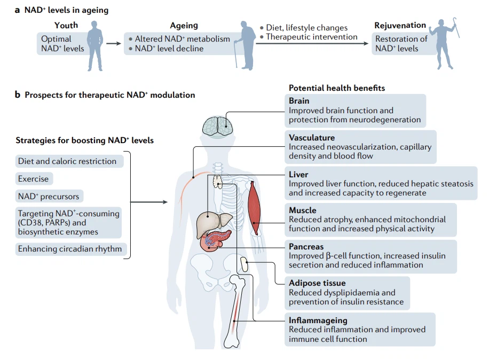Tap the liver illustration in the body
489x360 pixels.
coord(211,224)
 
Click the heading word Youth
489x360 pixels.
coord(66,25)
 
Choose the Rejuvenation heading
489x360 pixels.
coord(400,25)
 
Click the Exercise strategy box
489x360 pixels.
coord(33,179)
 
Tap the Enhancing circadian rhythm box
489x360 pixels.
coord(69,249)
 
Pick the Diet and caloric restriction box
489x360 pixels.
coord(67,161)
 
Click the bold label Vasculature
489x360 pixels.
coord(312,138)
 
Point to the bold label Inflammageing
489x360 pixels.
coord(318,320)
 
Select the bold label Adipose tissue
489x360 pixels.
coord(317,283)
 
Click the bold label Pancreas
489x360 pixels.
coord(306,247)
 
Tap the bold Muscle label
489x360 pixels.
coord(303,210)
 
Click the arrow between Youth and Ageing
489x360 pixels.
coord(114,44)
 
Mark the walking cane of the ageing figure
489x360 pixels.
coord(235,58)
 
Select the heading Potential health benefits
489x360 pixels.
coord(337,88)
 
